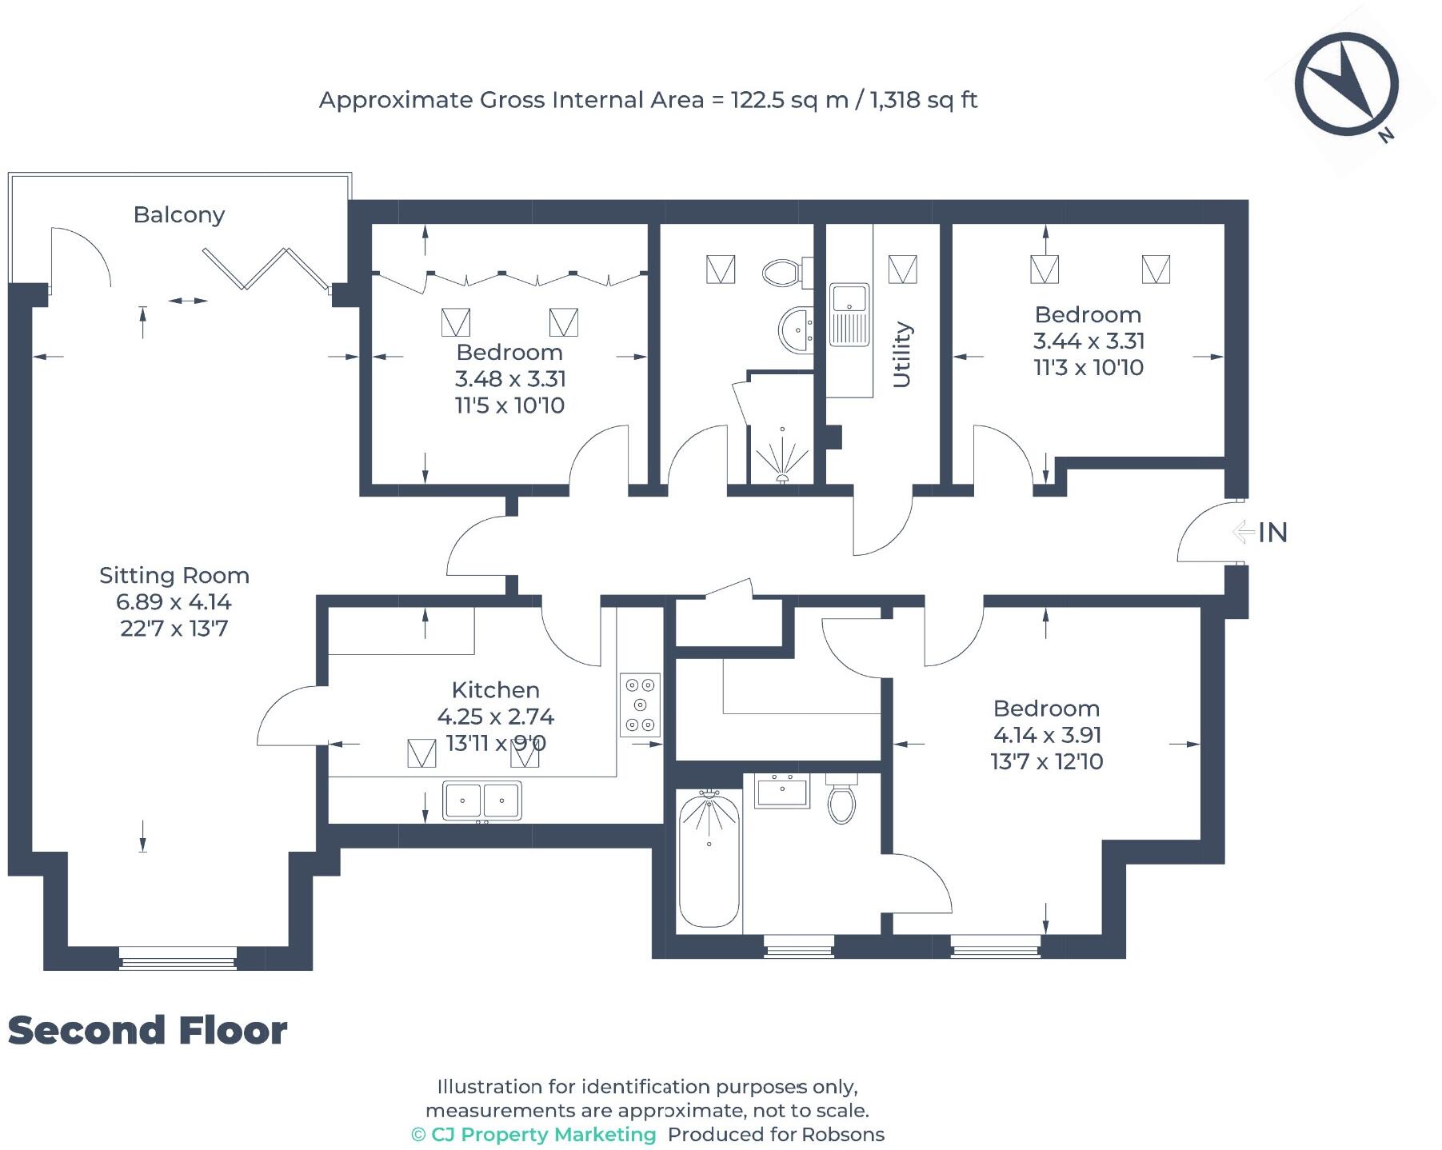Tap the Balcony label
(179, 215)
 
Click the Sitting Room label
(174, 576)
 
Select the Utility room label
(901, 354)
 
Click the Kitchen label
(495, 690)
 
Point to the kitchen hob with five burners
(640, 705)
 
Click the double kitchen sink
(482, 801)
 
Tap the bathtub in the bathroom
(709, 858)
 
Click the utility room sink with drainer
(849, 314)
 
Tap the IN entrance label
(1272, 533)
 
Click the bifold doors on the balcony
(266, 269)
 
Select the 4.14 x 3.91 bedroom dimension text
(1047, 735)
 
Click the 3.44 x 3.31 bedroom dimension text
(1088, 341)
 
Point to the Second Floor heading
(148, 1031)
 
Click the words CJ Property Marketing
(543, 1135)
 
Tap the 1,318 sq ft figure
(923, 100)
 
